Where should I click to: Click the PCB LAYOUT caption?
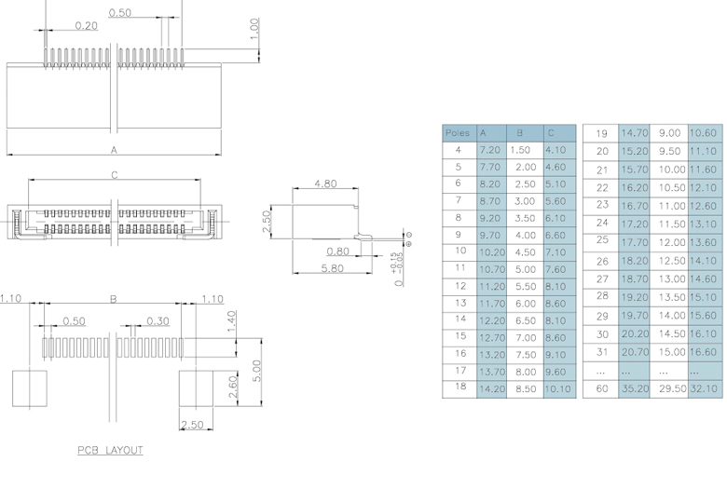110,451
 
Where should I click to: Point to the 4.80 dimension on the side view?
326,183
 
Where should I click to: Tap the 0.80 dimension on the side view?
338,251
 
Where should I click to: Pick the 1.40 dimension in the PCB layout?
230,322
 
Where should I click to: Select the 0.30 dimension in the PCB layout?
158,321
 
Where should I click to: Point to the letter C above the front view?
115,174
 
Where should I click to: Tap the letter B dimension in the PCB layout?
114,299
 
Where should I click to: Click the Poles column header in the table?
458,133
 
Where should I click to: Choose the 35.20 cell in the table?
634,388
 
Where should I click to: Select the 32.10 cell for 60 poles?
704,388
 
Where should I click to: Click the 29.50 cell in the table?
671,388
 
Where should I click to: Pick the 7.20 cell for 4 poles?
489,150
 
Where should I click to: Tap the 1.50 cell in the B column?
521,150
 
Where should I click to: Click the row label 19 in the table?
601,133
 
